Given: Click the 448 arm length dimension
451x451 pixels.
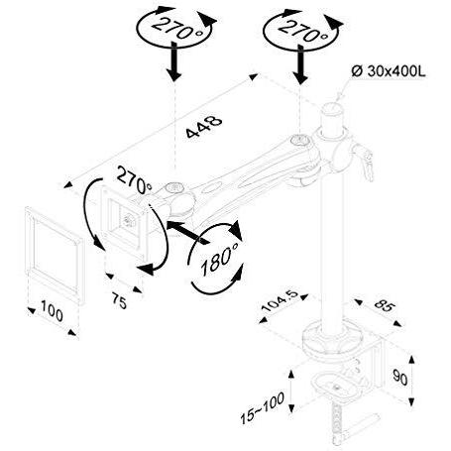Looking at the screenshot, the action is [204, 126].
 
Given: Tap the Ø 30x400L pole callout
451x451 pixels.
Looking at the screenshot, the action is [388, 71].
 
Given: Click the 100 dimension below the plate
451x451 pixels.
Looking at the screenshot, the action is [52, 311].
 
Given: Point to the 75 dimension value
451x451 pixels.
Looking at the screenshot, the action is [120, 300].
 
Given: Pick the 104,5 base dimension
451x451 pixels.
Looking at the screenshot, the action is [281, 300].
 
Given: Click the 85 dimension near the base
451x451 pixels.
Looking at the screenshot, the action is [385, 306].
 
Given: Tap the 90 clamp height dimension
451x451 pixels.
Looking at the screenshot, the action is [399, 378].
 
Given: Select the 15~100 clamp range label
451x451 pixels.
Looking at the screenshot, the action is [262, 407].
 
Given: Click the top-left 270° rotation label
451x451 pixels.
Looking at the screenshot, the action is [177, 29].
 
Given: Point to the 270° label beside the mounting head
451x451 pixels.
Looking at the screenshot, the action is [134, 181].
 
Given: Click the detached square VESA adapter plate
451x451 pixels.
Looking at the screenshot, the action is [55, 255].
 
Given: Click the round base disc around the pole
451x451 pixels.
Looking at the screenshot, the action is [332, 339].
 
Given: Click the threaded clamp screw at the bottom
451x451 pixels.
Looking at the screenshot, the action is [337, 423].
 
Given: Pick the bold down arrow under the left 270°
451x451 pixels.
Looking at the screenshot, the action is [174, 60].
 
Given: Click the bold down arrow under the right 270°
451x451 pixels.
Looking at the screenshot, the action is [300, 64].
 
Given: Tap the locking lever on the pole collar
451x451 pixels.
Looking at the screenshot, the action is [365, 161].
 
